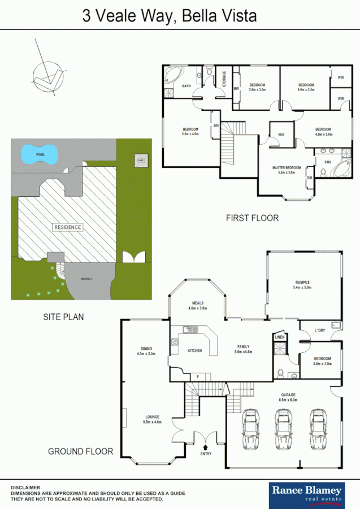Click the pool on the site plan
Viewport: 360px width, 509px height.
point(40,154)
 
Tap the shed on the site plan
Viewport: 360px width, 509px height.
point(140,161)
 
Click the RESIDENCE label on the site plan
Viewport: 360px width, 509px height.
point(68,227)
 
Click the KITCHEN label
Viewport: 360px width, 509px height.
point(194,351)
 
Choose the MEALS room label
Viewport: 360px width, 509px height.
point(197,303)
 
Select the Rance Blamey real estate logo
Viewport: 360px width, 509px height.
point(307,493)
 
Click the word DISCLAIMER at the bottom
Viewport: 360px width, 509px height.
point(25,487)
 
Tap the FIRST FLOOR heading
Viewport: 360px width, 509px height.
point(252,218)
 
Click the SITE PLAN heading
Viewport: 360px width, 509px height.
point(63,317)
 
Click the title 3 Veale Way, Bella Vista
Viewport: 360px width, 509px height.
point(170,16)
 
